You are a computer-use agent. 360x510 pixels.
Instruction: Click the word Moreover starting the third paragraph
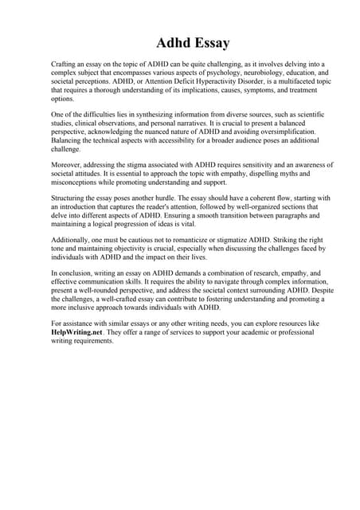click(x=68, y=165)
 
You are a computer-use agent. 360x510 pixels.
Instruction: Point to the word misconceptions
click(x=76, y=183)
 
